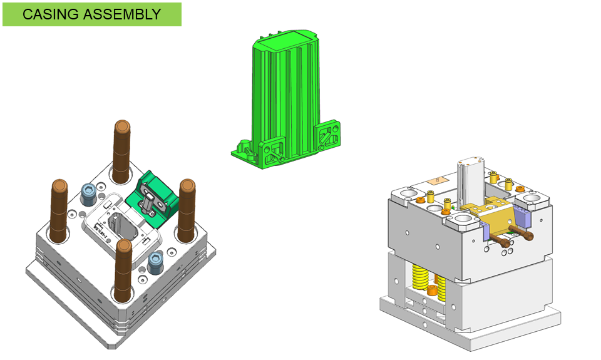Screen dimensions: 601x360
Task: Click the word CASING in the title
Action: (x=51, y=14)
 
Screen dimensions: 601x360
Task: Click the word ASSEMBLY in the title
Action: (x=122, y=14)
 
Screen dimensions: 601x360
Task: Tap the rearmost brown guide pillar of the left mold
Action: (x=121, y=152)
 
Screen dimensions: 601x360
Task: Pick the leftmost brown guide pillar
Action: (x=59, y=211)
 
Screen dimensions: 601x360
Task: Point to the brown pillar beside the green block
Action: (x=187, y=210)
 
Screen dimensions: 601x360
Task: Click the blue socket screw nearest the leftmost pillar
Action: (x=88, y=194)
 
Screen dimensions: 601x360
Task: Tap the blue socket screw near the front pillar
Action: (x=156, y=262)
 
